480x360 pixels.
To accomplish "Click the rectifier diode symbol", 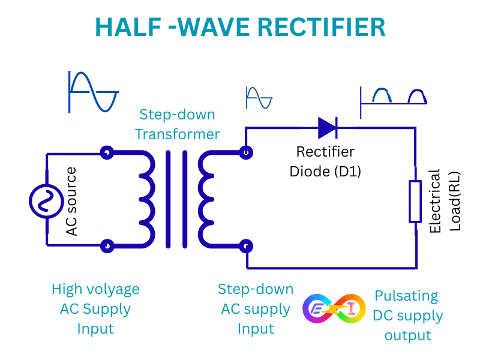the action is pyautogui.click(x=328, y=128).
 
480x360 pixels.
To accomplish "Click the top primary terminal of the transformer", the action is pyautogui.click(x=107, y=152).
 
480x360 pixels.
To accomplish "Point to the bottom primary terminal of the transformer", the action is pyautogui.click(x=107, y=246).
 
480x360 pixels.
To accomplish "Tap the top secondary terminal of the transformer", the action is pyautogui.click(x=246, y=152).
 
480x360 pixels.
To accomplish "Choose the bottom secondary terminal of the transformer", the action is pyautogui.click(x=246, y=246).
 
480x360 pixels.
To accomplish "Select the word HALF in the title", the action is pyautogui.click(x=128, y=27).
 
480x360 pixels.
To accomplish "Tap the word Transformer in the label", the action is pyautogui.click(x=178, y=134).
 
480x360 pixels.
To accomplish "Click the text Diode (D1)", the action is pyautogui.click(x=325, y=172).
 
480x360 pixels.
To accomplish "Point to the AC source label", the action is pyautogui.click(x=71, y=201).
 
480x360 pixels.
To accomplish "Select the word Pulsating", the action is pyautogui.click(x=406, y=296).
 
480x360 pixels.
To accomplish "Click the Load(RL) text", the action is pyautogui.click(x=455, y=201).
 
